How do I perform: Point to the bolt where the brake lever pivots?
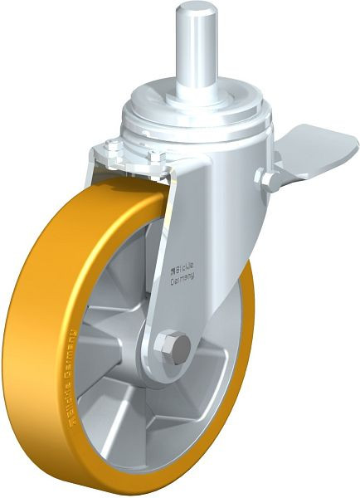coord(267,178)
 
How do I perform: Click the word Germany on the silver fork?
coord(184,281)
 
